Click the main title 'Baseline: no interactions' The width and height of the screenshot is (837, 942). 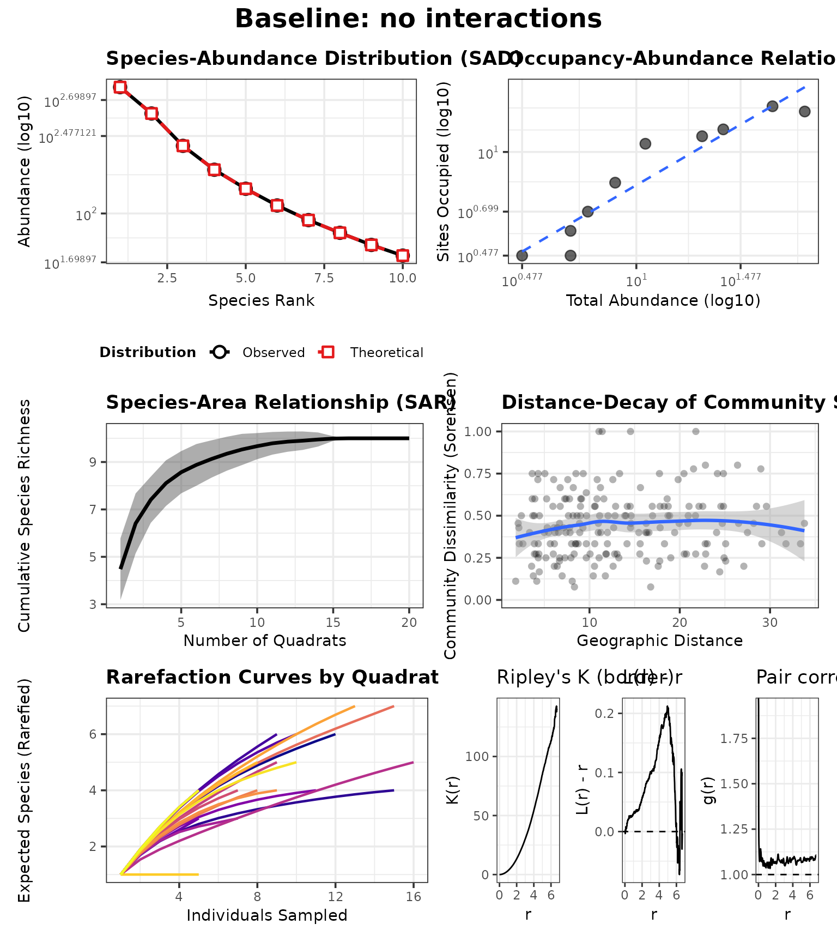(x=418, y=19)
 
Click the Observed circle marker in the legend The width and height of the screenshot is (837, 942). (x=220, y=353)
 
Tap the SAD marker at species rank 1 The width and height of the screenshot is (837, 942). (x=120, y=87)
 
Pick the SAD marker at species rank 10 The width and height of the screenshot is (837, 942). (x=403, y=256)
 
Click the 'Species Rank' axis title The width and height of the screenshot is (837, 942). (x=261, y=301)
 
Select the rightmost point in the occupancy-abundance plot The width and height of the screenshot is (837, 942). (x=804, y=112)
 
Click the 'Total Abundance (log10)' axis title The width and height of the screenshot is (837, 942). (x=663, y=301)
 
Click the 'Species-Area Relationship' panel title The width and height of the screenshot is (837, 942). (x=278, y=402)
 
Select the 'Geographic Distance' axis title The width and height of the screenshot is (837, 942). (x=659, y=641)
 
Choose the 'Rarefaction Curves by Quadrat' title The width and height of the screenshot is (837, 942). (x=272, y=677)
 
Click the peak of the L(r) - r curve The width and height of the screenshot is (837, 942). (x=667, y=707)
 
